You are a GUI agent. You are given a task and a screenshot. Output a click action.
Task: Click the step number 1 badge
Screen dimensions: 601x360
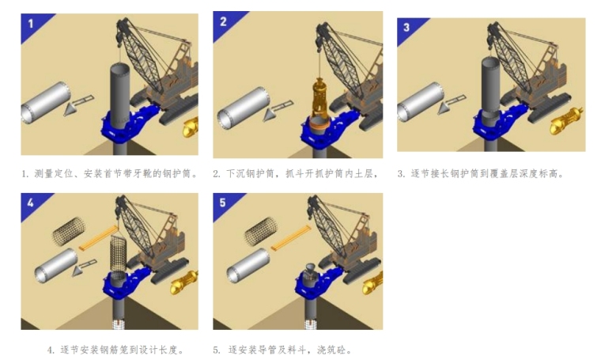tap(32, 24)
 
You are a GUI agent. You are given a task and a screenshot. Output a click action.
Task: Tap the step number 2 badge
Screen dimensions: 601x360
tap(224, 22)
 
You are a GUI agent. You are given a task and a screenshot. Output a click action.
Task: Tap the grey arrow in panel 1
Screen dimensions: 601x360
tap(77, 105)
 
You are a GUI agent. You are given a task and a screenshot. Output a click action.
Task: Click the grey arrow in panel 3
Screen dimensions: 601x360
tap(451, 104)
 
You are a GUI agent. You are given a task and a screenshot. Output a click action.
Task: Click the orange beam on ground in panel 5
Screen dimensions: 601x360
tap(290, 238)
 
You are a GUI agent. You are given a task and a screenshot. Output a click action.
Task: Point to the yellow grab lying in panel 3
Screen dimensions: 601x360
tap(566, 121)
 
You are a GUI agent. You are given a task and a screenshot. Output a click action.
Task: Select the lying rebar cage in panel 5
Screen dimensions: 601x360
tap(261, 231)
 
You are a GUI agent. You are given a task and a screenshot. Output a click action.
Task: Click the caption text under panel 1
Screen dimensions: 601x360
tap(110, 174)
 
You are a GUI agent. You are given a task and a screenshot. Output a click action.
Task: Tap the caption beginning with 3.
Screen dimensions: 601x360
tap(481, 174)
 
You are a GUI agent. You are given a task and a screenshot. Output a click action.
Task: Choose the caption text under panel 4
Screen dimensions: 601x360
tap(115, 350)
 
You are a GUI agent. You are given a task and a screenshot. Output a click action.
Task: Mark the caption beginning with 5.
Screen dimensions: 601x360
tap(282, 350)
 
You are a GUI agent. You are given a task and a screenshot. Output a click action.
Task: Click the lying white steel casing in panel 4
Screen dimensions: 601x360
tap(56, 265)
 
